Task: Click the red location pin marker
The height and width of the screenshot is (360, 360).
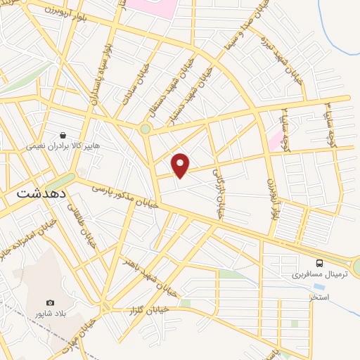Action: (181, 164)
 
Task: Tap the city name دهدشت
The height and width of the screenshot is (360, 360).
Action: (41, 193)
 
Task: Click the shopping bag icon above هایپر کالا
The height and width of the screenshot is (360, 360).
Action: (63, 134)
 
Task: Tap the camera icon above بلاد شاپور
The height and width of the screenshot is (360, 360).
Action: (50, 302)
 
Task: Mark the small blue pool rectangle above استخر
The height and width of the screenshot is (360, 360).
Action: (320, 288)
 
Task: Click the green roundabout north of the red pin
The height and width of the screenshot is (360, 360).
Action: (146, 129)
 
